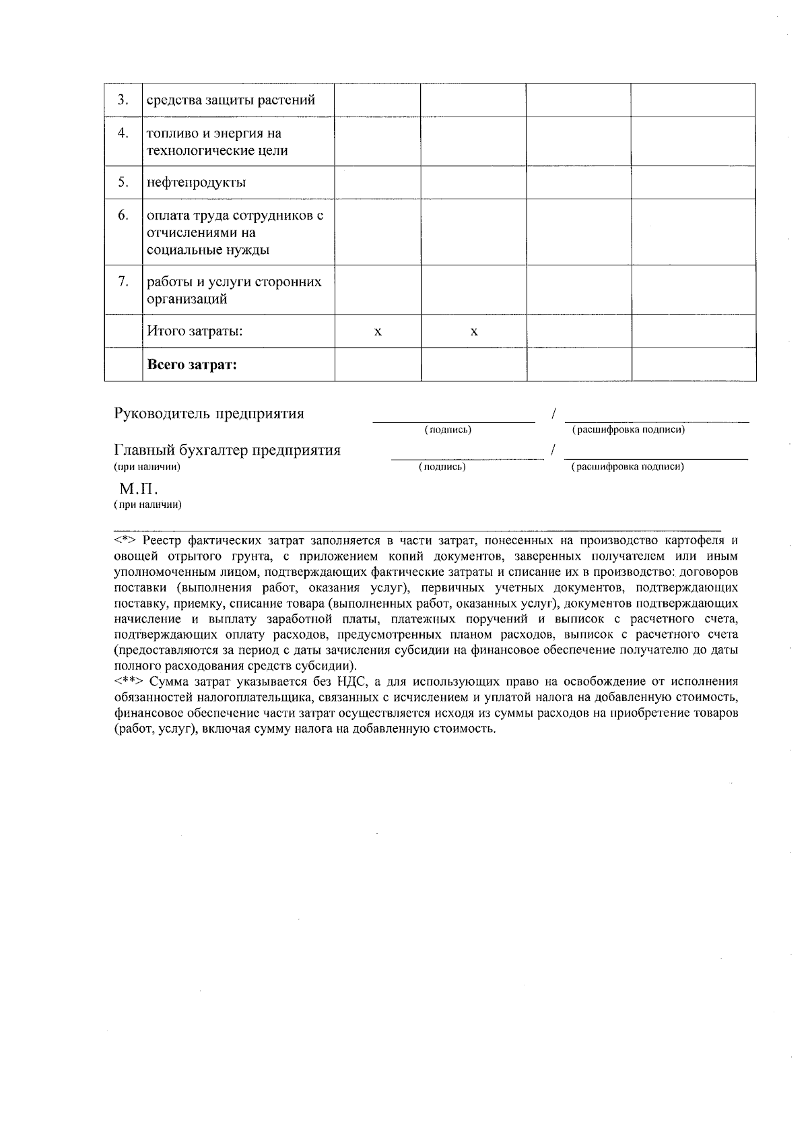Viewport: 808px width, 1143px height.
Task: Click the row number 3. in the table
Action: (123, 100)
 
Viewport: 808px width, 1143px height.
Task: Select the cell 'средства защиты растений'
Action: (231, 100)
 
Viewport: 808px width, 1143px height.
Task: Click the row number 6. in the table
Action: (123, 216)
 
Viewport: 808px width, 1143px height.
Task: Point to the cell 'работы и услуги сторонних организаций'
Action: (234, 290)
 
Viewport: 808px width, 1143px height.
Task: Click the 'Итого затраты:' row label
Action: (195, 331)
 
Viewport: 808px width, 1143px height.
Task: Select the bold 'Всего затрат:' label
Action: (192, 365)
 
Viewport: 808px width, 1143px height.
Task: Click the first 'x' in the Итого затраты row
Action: (378, 332)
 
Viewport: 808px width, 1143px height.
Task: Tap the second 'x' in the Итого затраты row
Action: (474, 332)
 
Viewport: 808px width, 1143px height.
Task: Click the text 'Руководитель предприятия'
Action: (209, 414)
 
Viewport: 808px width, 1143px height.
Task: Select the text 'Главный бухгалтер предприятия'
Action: (227, 450)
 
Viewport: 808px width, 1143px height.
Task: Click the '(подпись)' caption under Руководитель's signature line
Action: (447, 430)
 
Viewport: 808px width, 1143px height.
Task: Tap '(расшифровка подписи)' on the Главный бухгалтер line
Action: (627, 466)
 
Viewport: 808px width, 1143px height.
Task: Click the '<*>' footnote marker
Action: (126, 541)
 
